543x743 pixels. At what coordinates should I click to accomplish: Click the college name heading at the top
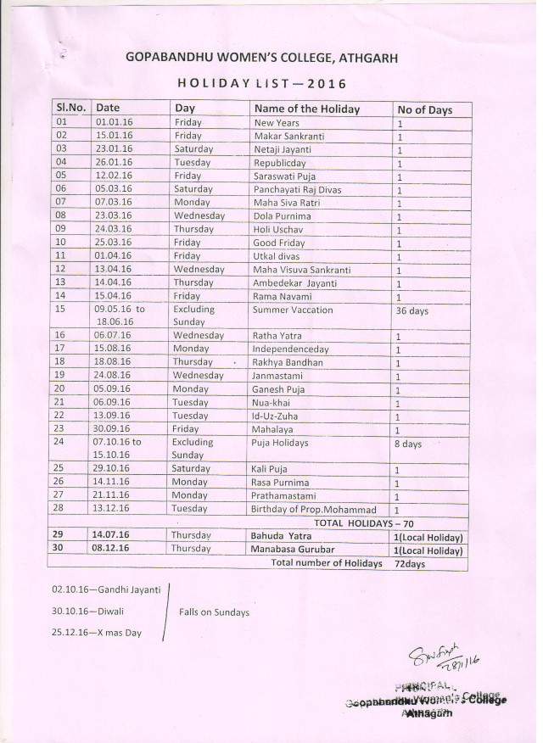(261, 58)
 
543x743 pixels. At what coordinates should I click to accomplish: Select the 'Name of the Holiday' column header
(306, 109)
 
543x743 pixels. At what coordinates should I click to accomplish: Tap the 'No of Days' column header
(424, 109)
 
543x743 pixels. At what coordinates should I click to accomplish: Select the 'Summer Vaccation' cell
(287, 310)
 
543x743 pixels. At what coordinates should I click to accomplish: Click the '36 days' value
(411, 310)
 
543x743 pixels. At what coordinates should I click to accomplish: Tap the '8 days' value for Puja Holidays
(408, 443)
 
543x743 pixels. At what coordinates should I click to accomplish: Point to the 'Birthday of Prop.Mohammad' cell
(313, 509)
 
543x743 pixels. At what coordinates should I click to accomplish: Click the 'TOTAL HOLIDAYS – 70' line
(365, 522)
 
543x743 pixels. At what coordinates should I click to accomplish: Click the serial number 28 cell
(60, 509)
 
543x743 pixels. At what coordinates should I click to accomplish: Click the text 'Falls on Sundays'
(214, 612)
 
